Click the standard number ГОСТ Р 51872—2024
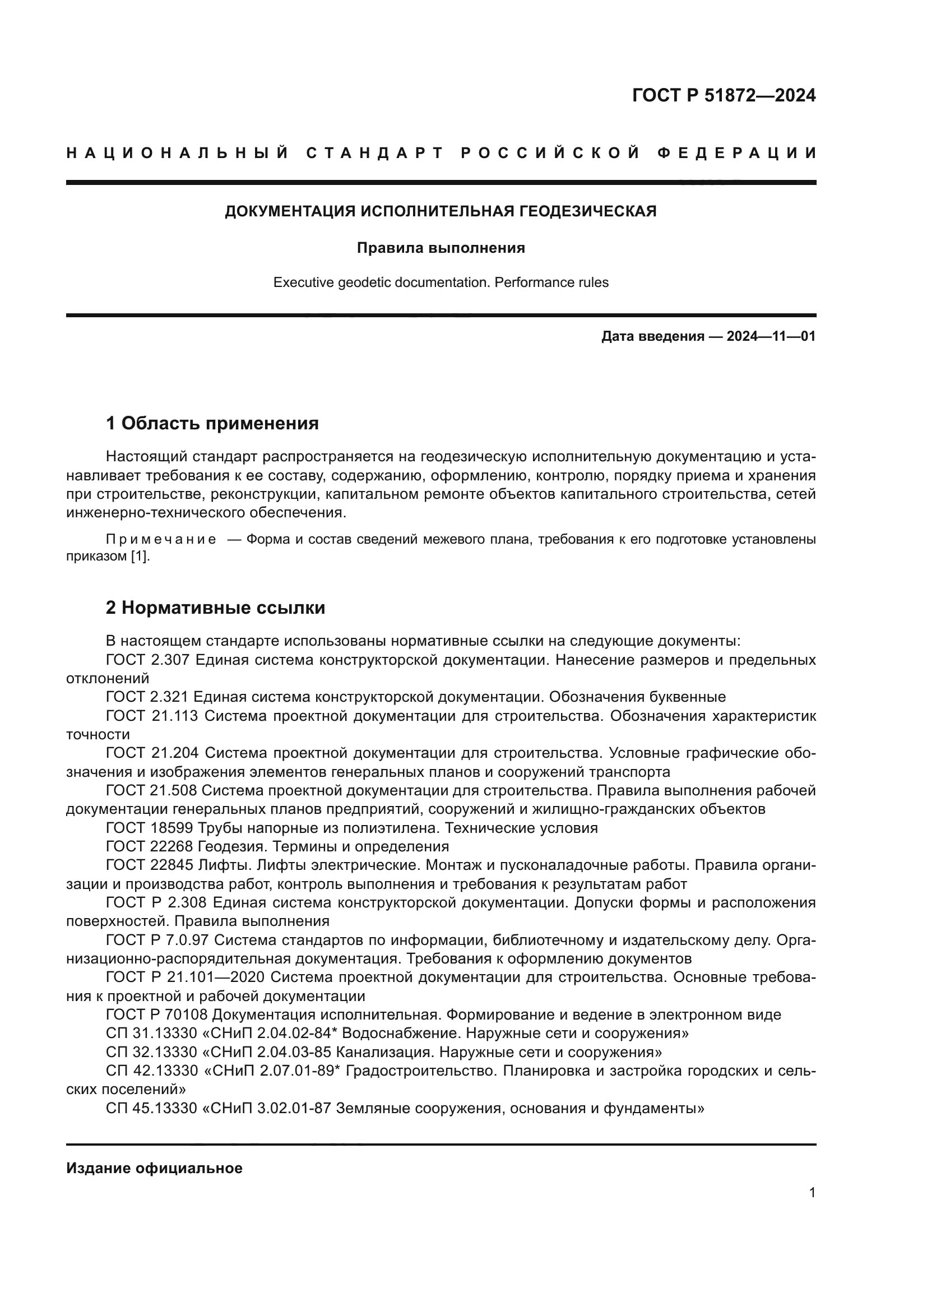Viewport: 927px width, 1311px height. pyautogui.click(x=723, y=95)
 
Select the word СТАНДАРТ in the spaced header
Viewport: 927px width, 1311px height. pyautogui.click(x=374, y=153)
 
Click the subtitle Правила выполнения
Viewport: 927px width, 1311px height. pyautogui.click(x=441, y=248)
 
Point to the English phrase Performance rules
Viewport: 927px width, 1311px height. pyautogui.click(x=551, y=282)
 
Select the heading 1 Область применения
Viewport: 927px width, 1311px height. pyautogui.click(x=212, y=423)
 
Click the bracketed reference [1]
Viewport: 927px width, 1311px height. pyautogui.click(x=140, y=557)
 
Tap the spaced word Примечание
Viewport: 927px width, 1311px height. pyautogui.click(x=161, y=540)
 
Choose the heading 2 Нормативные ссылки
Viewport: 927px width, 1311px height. pyautogui.click(x=215, y=608)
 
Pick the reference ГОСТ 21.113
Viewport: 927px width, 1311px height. pyautogui.click(x=151, y=716)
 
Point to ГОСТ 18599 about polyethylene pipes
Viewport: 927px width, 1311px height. pyautogui.click(x=149, y=828)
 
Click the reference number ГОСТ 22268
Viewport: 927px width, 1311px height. pyautogui.click(x=149, y=846)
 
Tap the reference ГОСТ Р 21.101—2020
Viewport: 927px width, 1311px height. pyautogui.click(x=185, y=977)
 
